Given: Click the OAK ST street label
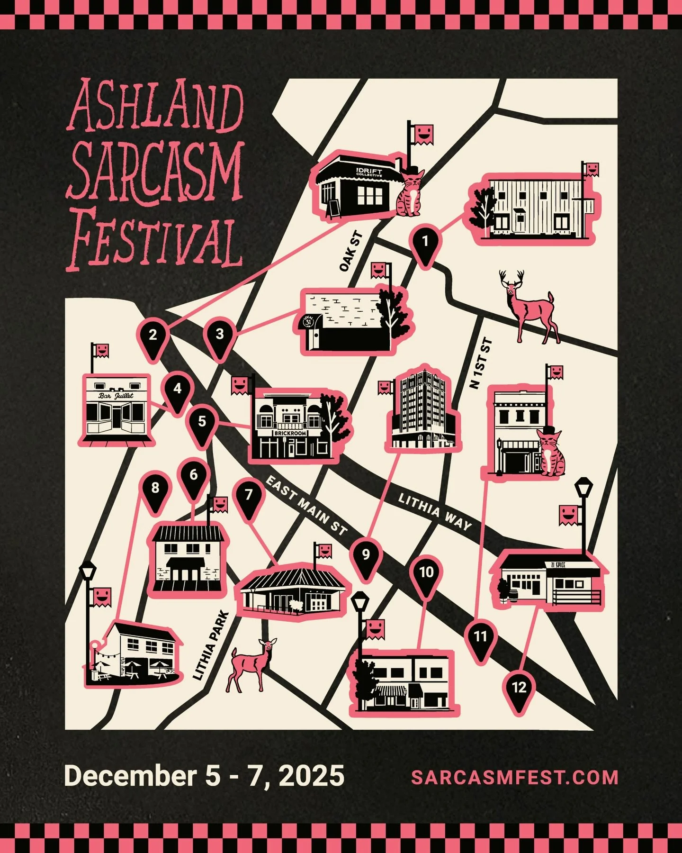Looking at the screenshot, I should (x=351, y=251).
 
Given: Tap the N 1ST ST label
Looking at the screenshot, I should (x=481, y=363).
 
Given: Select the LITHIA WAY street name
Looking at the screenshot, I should (x=434, y=512).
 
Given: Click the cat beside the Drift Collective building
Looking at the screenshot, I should (x=410, y=194).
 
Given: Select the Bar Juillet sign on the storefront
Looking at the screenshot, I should (x=116, y=396).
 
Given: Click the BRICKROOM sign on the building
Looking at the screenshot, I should (x=290, y=433).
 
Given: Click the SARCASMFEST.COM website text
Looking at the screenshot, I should (x=514, y=778).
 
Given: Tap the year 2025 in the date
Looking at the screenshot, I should (x=311, y=776).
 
